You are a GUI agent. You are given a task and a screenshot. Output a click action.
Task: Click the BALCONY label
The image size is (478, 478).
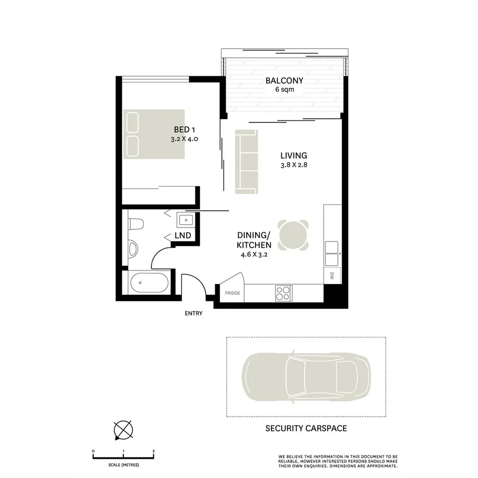coord(284,81)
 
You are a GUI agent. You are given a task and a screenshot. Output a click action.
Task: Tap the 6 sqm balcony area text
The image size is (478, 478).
coord(284,90)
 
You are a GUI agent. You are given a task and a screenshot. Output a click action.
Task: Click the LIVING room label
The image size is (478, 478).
coord(293,155)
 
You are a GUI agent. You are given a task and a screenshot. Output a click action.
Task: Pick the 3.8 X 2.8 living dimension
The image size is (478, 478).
coord(293,165)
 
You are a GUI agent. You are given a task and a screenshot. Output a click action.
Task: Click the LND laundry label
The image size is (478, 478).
coord(183,235)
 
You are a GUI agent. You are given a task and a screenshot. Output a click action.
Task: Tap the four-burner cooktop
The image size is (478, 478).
coord(283,293)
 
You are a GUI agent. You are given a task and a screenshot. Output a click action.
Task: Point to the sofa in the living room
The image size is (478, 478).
coord(246,162)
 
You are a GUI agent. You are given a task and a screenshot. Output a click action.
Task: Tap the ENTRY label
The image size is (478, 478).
coord(194,313)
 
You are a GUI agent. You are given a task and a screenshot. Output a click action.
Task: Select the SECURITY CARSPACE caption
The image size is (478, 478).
coord(306,428)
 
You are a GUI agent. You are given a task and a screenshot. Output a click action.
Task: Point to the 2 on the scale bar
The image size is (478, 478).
coord(154,451)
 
